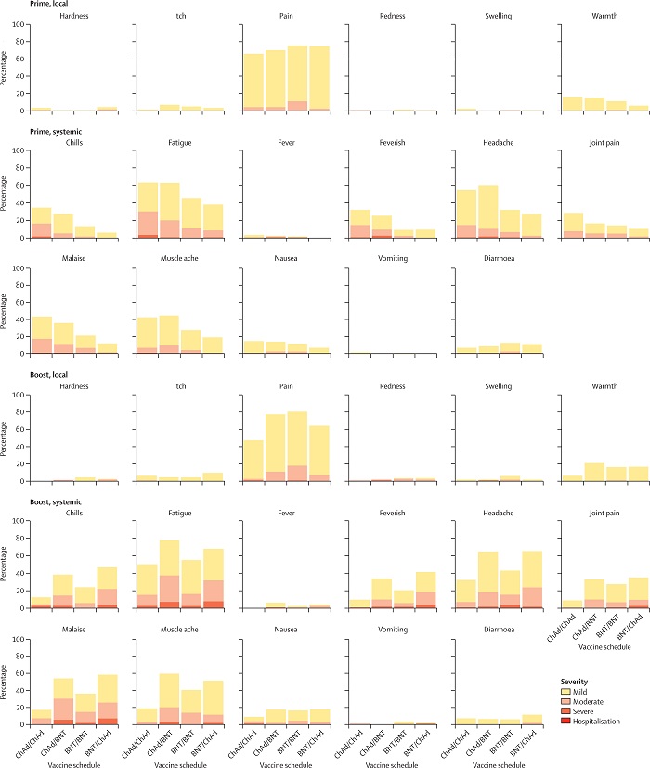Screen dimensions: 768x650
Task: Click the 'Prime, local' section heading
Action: tap(22, 5)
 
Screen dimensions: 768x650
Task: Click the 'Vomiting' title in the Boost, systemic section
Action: tap(390, 632)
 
